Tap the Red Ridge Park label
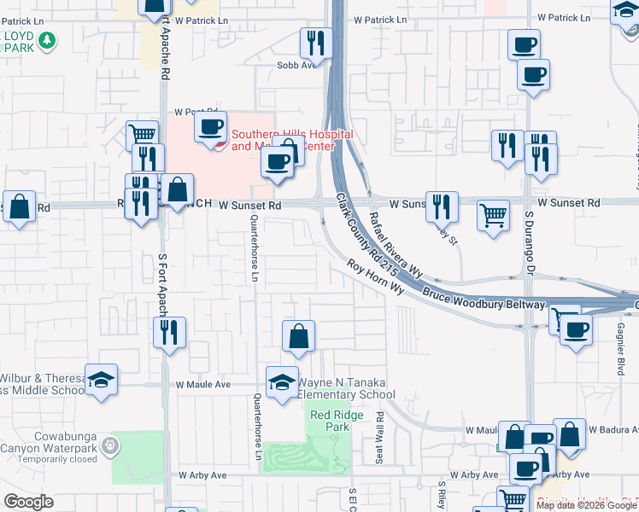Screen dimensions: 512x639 (337, 420)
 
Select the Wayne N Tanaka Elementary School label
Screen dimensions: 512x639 (346, 389)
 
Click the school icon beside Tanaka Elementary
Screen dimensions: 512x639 (282, 383)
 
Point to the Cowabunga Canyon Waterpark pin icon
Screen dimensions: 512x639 (109, 445)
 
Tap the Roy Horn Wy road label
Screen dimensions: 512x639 (375, 276)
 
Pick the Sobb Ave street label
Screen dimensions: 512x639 (290, 64)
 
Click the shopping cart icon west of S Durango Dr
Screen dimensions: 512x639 (493, 217)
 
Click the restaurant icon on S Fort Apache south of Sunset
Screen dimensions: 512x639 (169, 332)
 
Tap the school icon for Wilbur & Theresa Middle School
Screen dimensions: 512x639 (101, 380)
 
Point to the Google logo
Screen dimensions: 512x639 (28, 502)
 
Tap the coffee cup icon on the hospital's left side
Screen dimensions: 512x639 (210, 128)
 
